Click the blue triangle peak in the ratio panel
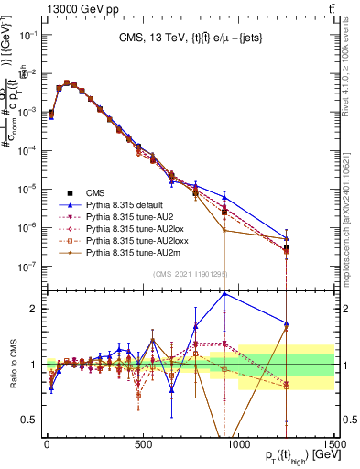[x=224, y=293]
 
